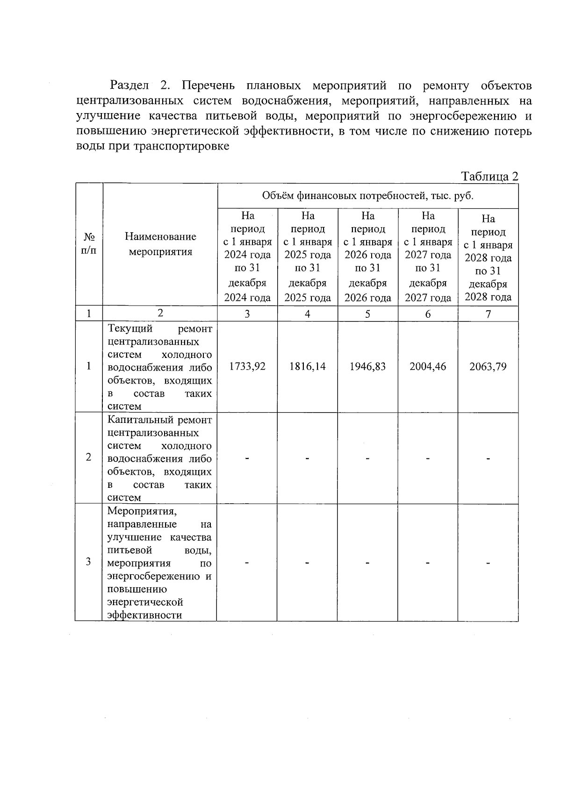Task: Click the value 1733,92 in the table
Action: point(247,367)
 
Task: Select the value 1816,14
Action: point(307,367)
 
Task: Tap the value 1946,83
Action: point(367,367)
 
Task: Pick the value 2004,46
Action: point(428,367)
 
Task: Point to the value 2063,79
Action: point(488,367)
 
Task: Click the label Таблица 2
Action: point(489,177)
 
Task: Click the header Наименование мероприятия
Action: point(160,244)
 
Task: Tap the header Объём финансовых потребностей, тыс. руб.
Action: point(367,196)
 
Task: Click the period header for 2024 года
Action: point(247,256)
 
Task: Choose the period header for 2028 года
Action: point(488,257)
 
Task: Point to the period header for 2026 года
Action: point(367,256)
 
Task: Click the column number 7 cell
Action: point(488,314)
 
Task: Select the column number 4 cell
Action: point(307,314)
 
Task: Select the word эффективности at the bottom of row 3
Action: point(144,615)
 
